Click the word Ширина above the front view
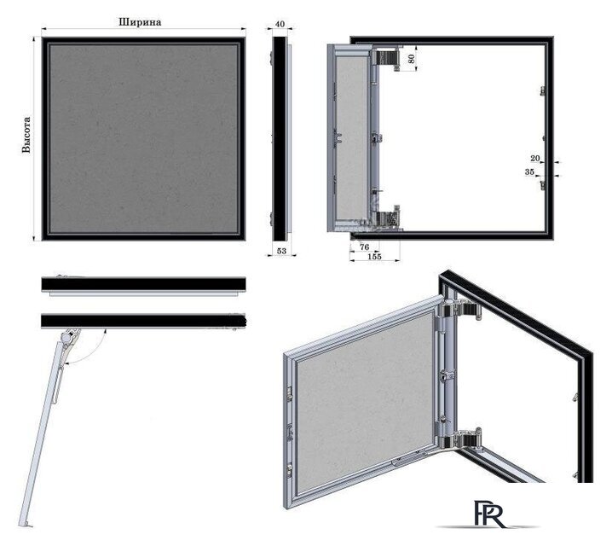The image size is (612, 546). point(140,22)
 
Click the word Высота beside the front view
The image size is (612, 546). point(26,135)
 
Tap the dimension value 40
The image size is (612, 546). point(280,24)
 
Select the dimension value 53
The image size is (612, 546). point(281,251)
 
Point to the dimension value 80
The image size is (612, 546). point(411,59)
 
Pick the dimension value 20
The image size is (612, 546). point(535,158)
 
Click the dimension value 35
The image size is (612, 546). point(529,171)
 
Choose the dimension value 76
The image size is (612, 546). point(364,247)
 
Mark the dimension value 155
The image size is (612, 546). point(374,257)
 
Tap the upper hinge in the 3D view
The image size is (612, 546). point(460,311)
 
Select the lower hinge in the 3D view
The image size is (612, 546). point(460,439)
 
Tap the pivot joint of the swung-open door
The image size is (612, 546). point(69,337)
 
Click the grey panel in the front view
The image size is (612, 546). point(144,139)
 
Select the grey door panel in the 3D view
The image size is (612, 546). point(365,403)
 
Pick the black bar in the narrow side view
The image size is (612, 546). point(279,139)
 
